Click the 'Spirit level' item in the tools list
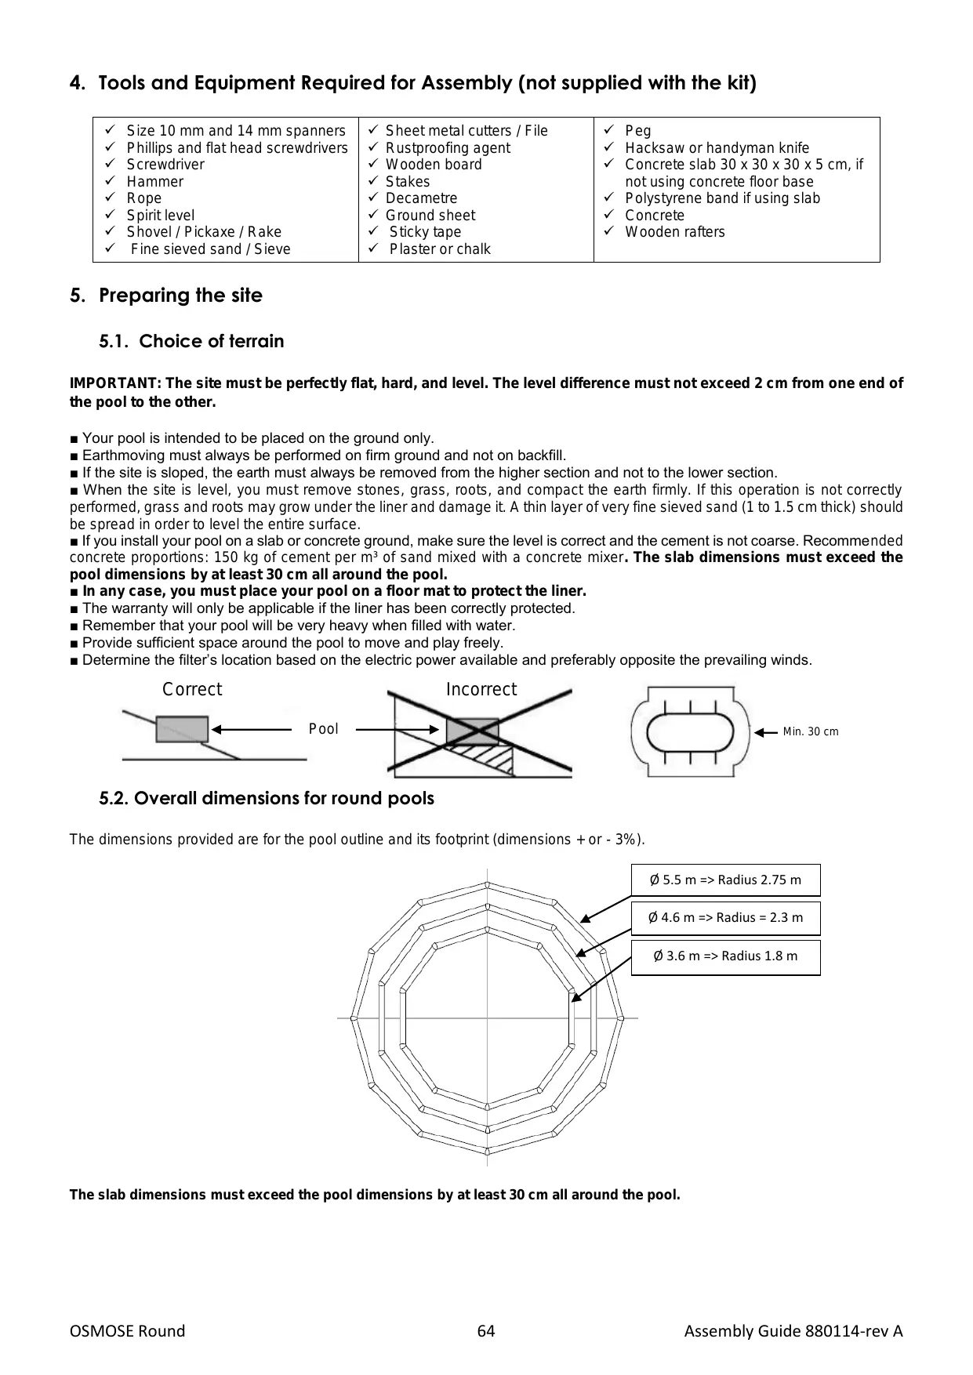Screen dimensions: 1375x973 pos(161,215)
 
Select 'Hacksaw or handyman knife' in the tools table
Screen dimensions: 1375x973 pos(717,147)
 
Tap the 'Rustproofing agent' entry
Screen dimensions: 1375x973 pos(448,147)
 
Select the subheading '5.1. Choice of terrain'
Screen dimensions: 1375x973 pos(191,341)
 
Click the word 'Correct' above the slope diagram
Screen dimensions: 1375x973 pos(192,689)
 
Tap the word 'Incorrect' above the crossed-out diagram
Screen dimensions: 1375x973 pos(481,689)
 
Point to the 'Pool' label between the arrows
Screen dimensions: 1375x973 pos(324,729)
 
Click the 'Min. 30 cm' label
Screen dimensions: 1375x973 pos(811,731)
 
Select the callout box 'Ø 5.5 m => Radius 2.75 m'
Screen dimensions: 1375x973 pos(726,880)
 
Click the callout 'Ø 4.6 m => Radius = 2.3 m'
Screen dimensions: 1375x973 pos(726,917)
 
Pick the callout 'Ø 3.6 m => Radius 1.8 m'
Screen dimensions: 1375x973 pos(726,956)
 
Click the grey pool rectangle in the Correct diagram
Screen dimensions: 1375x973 pos(182,729)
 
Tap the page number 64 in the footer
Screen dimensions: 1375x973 pos(486,1331)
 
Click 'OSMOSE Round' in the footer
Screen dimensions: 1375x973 pos(128,1331)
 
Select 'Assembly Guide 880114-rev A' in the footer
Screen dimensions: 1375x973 pos(793,1331)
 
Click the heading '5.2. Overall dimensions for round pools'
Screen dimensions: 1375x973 pos(267,798)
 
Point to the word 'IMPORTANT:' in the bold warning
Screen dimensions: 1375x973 pos(115,383)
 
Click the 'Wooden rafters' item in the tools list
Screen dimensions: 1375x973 pos(675,232)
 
